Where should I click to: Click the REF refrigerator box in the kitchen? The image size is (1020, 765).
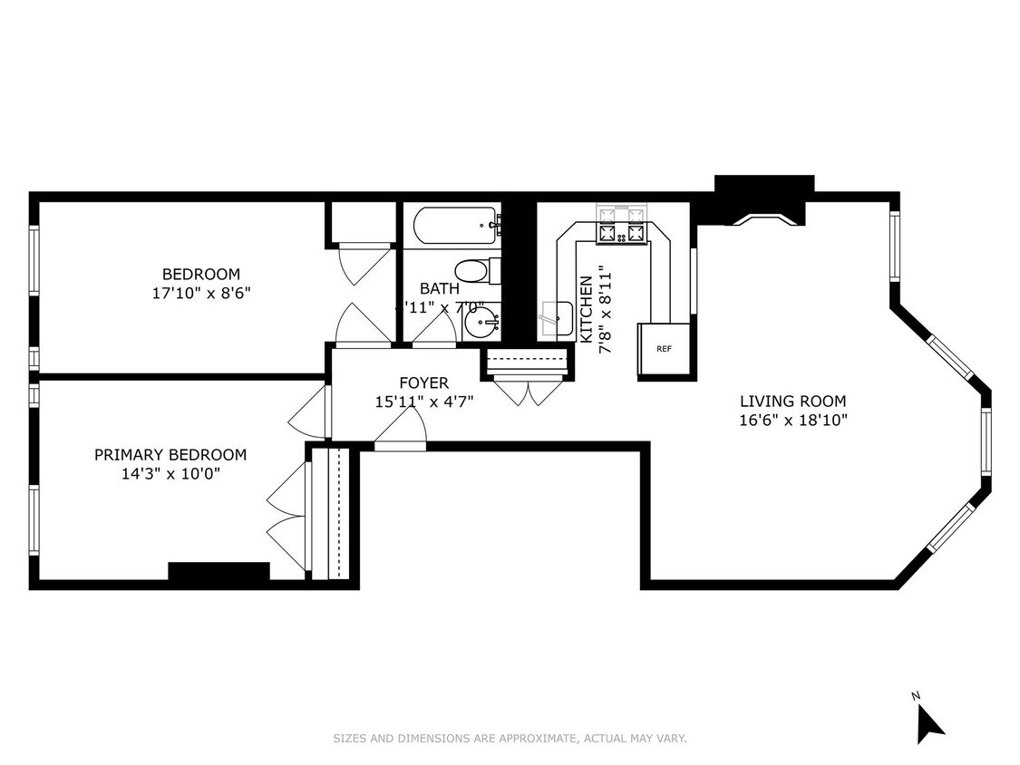click(664, 349)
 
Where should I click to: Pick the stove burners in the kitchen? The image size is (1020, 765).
click(623, 232)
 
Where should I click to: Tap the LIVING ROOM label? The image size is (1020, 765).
click(792, 401)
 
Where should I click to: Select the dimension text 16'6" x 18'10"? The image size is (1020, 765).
click(792, 420)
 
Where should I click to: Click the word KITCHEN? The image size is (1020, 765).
click(586, 309)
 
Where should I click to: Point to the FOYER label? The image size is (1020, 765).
click(424, 382)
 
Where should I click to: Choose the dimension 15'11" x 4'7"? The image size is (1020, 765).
click(424, 401)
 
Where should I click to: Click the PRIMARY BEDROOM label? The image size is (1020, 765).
click(170, 455)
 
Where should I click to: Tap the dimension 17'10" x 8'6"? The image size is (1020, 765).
click(200, 293)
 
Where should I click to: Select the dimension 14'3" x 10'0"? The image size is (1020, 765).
click(170, 473)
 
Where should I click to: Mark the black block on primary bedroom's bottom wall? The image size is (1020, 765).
click(219, 572)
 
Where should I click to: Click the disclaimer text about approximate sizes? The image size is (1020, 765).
click(510, 739)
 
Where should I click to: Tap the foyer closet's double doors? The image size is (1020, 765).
click(529, 392)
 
